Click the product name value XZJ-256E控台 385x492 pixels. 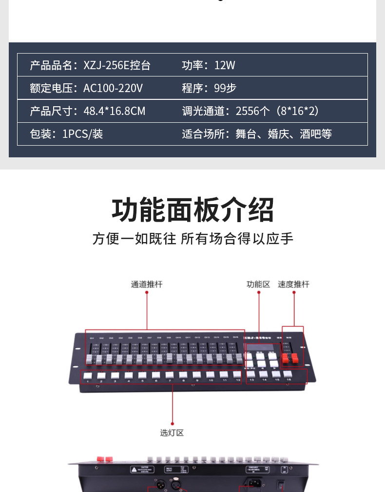click(x=117, y=65)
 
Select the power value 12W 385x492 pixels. click(x=225, y=65)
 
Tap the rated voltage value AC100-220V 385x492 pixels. click(x=113, y=88)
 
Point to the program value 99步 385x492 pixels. click(x=225, y=88)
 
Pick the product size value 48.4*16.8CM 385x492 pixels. click(x=115, y=111)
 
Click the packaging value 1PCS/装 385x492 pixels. click(x=82, y=134)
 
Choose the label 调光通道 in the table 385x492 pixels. click(x=203, y=111)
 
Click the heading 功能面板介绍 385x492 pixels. click(x=192, y=210)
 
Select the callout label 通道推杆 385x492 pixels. click(x=147, y=284)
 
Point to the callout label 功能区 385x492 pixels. click(x=258, y=284)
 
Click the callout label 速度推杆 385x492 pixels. click(x=293, y=284)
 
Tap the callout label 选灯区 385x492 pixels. click(x=172, y=433)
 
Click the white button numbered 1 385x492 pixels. click(x=88, y=376)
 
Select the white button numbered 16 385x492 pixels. click(x=289, y=374)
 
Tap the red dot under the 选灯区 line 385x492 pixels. click(x=172, y=424)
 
